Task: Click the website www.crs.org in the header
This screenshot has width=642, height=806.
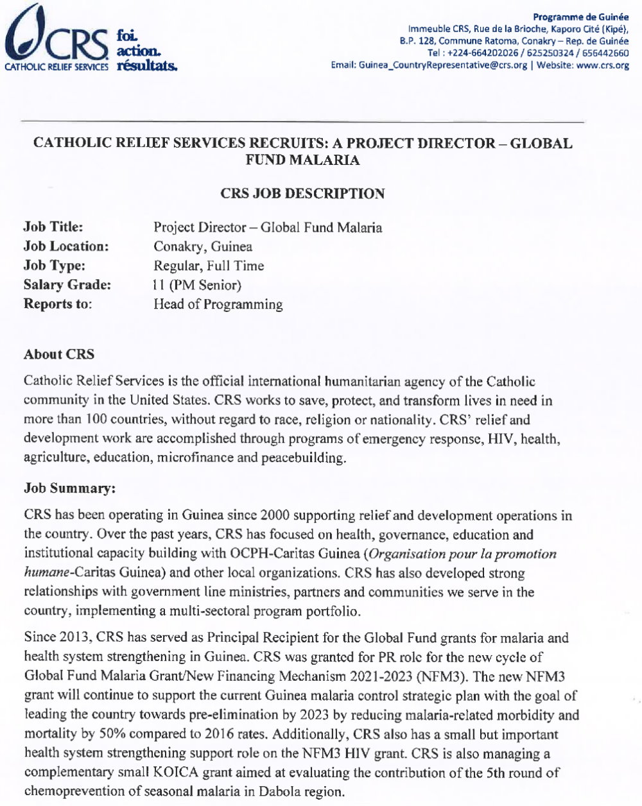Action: (603, 65)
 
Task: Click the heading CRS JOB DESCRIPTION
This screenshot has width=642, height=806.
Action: (302, 193)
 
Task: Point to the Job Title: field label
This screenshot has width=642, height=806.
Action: (53, 227)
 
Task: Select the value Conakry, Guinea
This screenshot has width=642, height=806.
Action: (203, 246)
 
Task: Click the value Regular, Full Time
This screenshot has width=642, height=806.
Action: (209, 266)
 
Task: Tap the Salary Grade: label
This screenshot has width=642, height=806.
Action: (67, 285)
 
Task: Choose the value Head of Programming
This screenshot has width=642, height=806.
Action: (218, 304)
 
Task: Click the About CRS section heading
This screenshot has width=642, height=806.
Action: (58, 354)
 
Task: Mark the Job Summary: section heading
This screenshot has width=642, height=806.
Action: (69, 488)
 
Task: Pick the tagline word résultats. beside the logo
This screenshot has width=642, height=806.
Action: (148, 65)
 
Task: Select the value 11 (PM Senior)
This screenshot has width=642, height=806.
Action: (197, 285)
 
